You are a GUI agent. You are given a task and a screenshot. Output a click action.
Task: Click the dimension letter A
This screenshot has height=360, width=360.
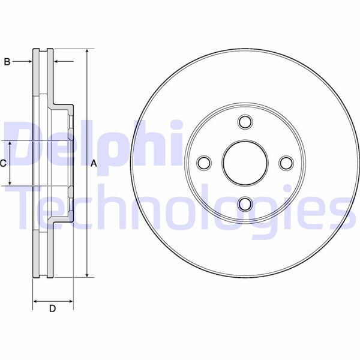click(x=93, y=163)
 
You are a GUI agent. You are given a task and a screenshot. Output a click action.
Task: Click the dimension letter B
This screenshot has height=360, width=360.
click(x=7, y=61)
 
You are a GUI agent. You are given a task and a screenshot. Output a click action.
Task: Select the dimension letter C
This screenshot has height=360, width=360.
click(x=3, y=163)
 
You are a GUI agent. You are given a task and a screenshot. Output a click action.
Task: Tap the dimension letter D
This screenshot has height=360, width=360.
click(x=52, y=309)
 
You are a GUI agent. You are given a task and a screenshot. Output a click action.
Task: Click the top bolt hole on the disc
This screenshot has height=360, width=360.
click(x=244, y=122)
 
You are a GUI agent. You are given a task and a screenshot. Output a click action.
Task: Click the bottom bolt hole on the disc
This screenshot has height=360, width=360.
click(x=244, y=203)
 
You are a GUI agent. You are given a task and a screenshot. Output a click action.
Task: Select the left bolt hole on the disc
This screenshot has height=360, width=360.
click(x=203, y=163)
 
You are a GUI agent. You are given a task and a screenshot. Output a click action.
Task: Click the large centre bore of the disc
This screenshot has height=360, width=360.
click(x=244, y=163)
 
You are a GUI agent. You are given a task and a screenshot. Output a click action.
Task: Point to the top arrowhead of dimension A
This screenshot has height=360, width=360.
click(x=87, y=52)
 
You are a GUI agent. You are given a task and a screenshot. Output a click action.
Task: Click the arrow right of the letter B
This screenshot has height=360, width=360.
click(x=28, y=61)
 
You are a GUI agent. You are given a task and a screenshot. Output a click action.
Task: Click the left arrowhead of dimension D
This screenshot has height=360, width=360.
click(x=35, y=300)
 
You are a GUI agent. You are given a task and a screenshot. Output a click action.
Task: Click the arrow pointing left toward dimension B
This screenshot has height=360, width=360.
click(x=57, y=61)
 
